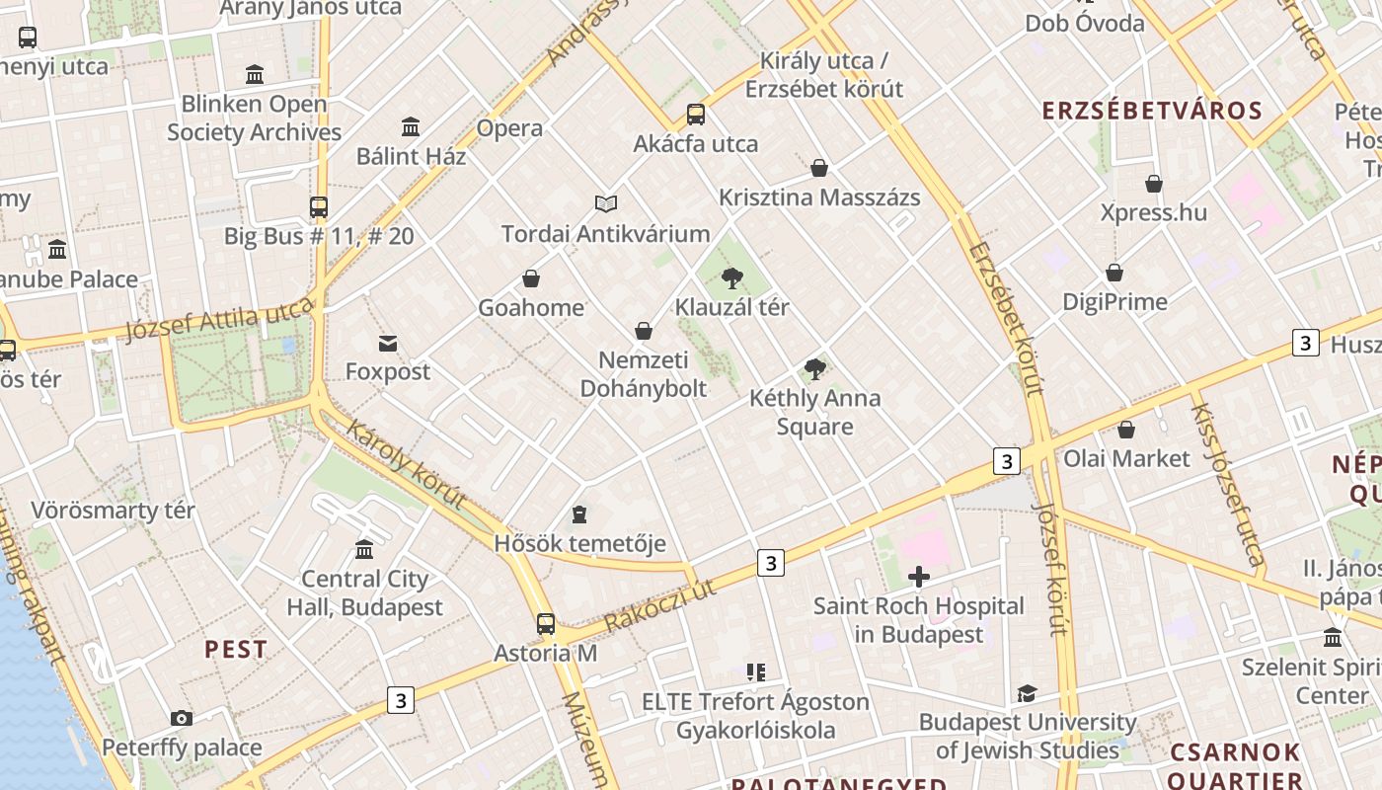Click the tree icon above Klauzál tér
pyautogui.click(x=731, y=278)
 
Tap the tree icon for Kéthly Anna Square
pyautogui.click(x=814, y=370)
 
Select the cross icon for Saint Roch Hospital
pyautogui.click(x=919, y=577)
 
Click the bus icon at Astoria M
pyautogui.click(x=546, y=624)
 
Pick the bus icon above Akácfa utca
pyautogui.click(x=696, y=115)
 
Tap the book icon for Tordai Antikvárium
pyautogui.click(x=606, y=204)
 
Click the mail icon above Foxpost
pyautogui.click(x=388, y=344)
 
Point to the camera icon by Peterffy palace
pyautogui.click(x=182, y=718)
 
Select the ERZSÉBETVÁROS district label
pyautogui.click(x=1152, y=111)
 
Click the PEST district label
pyautogui.click(x=236, y=650)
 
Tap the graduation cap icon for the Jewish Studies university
pyautogui.click(x=1027, y=694)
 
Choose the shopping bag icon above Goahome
pyautogui.click(x=531, y=279)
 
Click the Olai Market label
pyautogui.click(x=1126, y=458)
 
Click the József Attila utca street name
pyautogui.click(x=219, y=323)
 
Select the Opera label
pyautogui.click(x=509, y=128)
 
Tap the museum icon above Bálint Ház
pyautogui.click(x=411, y=127)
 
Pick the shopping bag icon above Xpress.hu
pyautogui.click(x=1153, y=184)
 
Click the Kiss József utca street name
pyautogui.click(x=1226, y=484)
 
